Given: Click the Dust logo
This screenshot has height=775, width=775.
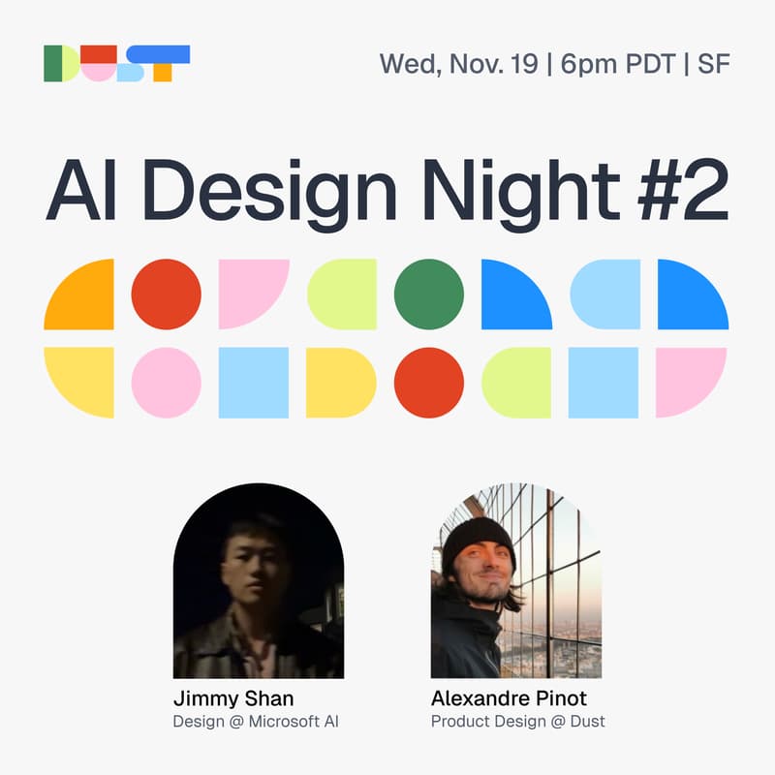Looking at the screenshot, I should click(x=116, y=63).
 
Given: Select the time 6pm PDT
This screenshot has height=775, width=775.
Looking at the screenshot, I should click(x=615, y=64).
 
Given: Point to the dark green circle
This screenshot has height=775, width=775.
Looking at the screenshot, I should click(x=429, y=294).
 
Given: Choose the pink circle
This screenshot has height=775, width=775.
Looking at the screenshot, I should click(x=166, y=383).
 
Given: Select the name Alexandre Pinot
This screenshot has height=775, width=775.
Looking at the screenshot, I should click(x=509, y=698).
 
